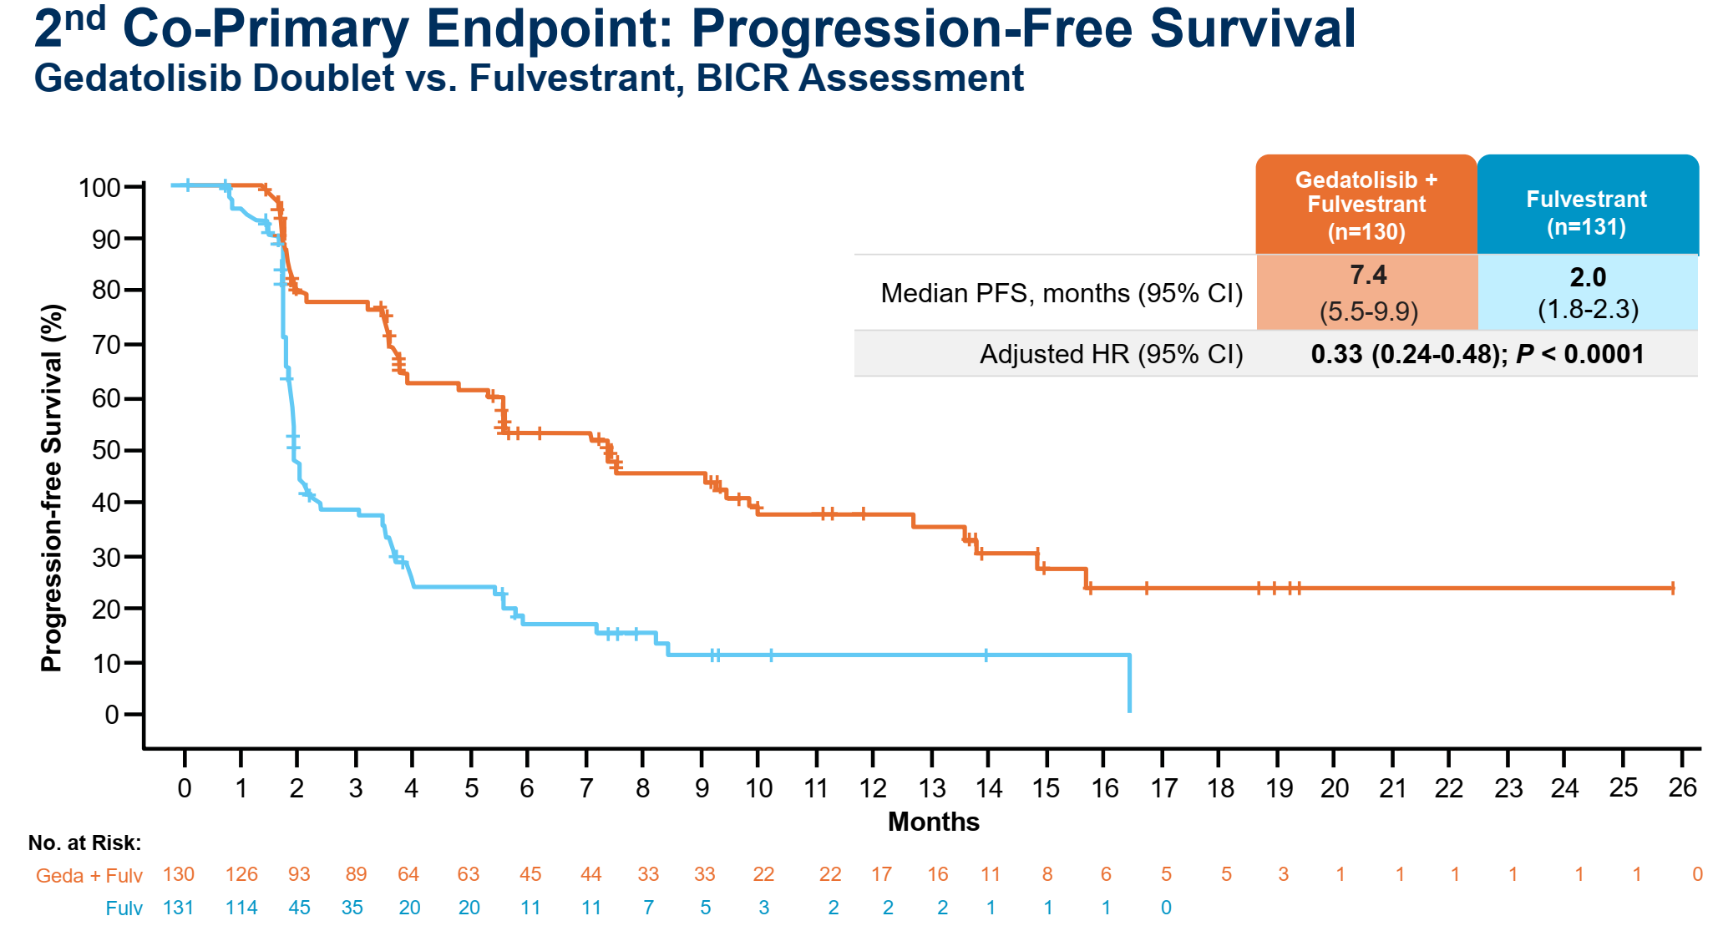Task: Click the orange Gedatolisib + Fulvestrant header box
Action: (1366, 205)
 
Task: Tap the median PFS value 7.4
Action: (1368, 275)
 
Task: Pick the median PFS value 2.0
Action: (1588, 276)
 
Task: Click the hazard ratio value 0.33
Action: (1336, 354)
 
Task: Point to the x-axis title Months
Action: (933, 822)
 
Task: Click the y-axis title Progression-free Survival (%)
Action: (52, 488)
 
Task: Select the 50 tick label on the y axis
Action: (106, 451)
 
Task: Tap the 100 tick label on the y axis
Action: (100, 187)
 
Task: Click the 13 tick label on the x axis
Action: (932, 788)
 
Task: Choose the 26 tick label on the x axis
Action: (1683, 787)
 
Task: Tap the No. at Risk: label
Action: (84, 843)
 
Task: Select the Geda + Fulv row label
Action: (89, 875)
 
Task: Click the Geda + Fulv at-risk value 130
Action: (178, 874)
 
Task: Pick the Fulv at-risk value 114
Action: (241, 908)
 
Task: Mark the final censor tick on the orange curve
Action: (1672, 588)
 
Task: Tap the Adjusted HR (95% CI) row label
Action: (1111, 354)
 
